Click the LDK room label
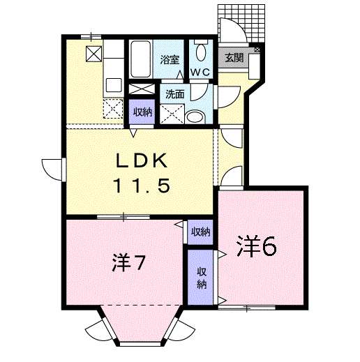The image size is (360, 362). point(142,160)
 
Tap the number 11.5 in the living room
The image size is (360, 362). point(142,186)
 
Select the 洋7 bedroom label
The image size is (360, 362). point(128,263)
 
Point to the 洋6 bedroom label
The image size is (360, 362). point(256,246)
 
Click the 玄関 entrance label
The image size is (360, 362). point(234,57)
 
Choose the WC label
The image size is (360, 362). point(200,73)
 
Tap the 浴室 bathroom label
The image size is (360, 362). point(170,60)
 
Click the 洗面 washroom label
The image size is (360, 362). point(174,94)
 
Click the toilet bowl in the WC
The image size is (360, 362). point(201,52)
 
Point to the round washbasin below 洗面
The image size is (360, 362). point(195,117)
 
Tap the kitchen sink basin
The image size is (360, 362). point(114,85)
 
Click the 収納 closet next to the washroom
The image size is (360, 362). point(142,112)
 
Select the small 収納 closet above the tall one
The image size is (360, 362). point(200,232)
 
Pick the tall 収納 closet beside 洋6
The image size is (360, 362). point(200,277)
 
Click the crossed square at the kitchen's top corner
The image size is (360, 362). point(94,54)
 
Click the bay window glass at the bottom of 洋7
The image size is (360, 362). point(140,344)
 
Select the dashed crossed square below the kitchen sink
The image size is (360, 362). point(113,108)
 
